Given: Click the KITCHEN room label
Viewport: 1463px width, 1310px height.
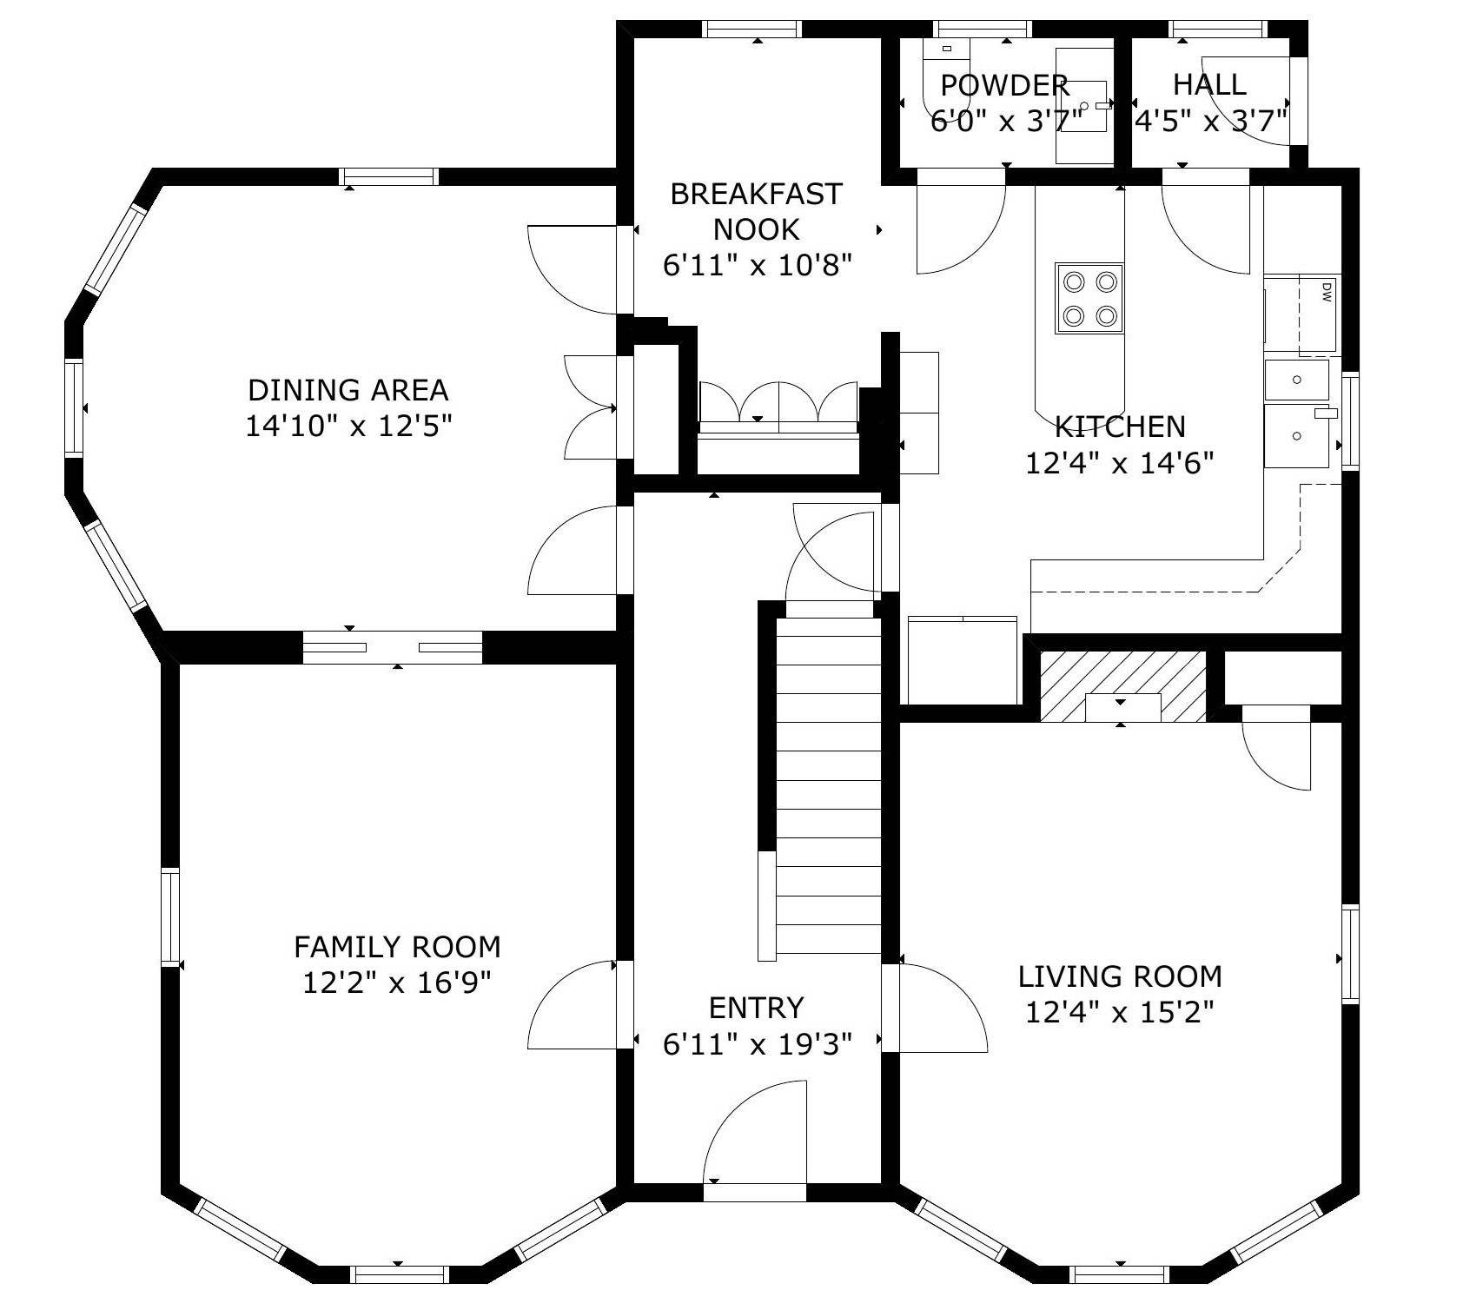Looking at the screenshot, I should (1119, 427).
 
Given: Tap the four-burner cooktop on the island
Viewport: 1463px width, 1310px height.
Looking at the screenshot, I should (1089, 299).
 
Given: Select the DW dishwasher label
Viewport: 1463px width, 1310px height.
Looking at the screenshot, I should (1326, 293).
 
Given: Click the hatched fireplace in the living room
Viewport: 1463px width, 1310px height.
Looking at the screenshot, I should (1122, 685).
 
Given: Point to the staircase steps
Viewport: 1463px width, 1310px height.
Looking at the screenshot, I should (828, 782).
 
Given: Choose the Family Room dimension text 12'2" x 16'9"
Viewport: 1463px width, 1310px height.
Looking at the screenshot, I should (397, 983).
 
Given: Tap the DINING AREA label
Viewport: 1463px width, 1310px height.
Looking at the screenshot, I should (348, 390).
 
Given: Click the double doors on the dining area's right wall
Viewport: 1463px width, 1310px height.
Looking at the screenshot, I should (591, 407).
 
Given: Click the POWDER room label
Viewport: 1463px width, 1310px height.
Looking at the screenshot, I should (1004, 85).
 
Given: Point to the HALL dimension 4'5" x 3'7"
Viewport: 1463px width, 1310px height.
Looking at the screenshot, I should (1210, 121).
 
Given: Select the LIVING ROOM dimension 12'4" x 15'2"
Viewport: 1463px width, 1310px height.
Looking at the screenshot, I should (1119, 1013).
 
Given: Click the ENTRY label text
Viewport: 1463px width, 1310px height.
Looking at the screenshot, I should (756, 1008).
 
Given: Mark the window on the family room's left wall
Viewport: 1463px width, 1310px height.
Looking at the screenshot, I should (170, 916).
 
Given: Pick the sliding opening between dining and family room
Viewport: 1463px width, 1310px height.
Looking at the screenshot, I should (393, 647).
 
